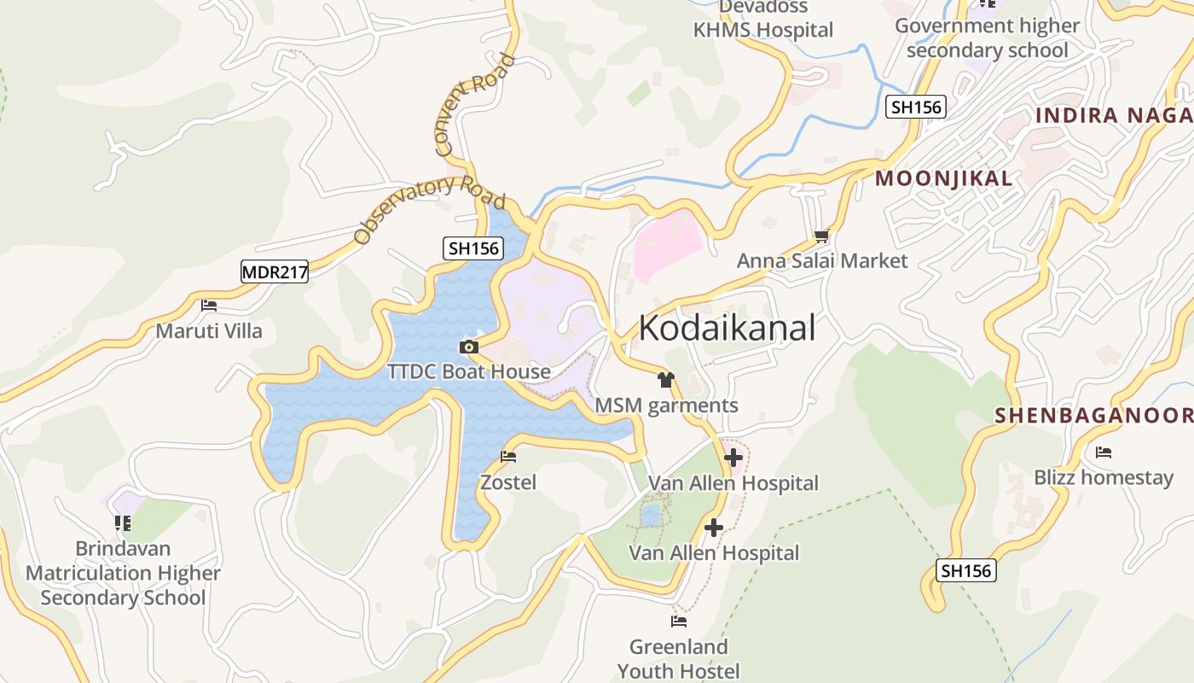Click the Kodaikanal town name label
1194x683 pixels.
(x=727, y=328)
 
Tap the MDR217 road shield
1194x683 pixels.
(x=275, y=272)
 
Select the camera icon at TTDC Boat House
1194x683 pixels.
(x=468, y=347)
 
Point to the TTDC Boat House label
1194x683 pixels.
(x=468, y=372)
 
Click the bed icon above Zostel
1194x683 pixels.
(x=508, y=457)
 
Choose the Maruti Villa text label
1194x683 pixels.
(x=209, y=330)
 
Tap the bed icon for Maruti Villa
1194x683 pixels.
(x=209, y=305)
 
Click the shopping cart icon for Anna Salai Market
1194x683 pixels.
(x=821, y=236)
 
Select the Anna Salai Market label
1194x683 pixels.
(x=822, y=260)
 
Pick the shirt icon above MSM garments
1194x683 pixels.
(x=666, y=379)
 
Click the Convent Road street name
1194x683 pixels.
(x=476, y=105)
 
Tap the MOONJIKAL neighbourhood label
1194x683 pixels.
(x=944, y=178)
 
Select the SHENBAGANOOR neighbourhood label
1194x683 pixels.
(x=1093, y=416)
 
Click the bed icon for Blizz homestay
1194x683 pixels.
(x=1104, y=452)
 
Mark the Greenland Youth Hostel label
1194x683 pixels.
(x=679, y=658)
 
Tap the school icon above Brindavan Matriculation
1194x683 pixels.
(x=123, y=522)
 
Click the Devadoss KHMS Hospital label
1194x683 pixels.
(x=762, y=19)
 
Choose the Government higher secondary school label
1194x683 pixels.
(x=987, y=38)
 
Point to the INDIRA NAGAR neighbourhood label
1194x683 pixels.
(x=1114, y=115)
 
